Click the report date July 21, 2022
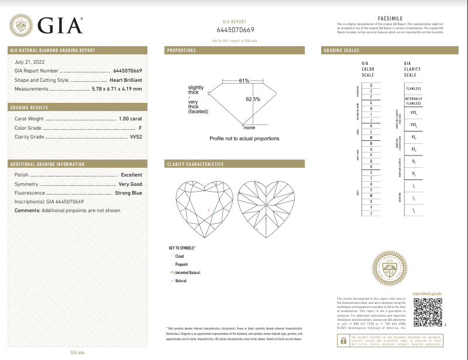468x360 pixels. (29, 61)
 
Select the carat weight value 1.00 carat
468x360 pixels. (130, 118)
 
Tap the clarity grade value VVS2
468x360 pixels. (135, 136)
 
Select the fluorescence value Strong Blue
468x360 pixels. (128, 193)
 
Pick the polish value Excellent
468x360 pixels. (131, 175)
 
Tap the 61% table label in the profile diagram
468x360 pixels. (244, 80)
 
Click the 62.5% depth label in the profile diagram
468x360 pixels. (253, 99)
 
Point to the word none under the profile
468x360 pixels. (249, 127)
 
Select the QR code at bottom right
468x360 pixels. (426, 310)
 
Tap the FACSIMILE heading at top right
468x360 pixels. (390, 19)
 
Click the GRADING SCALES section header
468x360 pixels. (342, 51)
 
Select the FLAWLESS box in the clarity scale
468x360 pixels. (414, 89)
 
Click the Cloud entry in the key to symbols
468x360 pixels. (179, 256)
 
